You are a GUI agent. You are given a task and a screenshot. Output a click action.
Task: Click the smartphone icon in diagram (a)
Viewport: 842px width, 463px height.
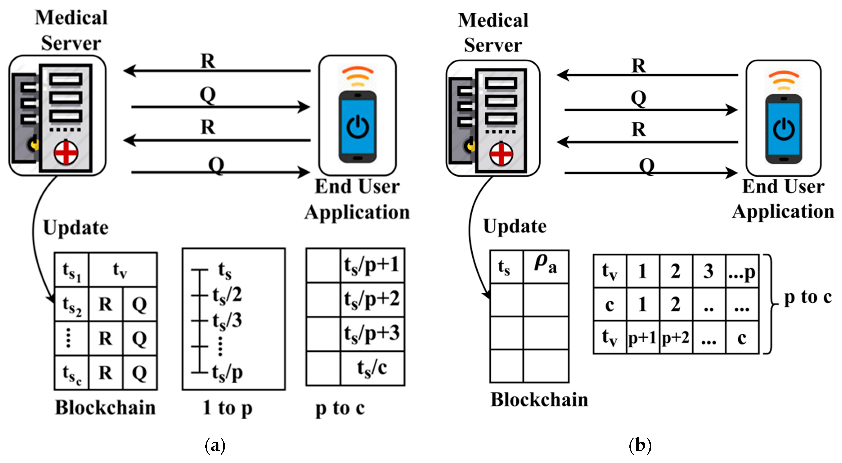point(358,127)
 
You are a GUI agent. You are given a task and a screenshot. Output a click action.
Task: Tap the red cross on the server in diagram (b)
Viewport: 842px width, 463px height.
point(501,154)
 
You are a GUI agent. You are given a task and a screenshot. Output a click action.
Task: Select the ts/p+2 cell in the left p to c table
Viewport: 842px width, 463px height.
point(372,299)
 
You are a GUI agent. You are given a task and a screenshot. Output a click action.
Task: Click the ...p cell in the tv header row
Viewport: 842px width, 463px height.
point(742,271)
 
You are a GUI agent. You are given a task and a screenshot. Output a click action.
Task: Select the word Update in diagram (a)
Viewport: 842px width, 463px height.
point(76,228)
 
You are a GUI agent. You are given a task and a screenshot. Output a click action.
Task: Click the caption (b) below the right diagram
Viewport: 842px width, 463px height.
point(640,445)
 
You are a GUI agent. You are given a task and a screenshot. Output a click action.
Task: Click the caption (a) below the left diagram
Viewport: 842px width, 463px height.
point(215,445)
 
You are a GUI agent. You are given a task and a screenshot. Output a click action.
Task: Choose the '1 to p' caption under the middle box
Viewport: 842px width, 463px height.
point(227,408)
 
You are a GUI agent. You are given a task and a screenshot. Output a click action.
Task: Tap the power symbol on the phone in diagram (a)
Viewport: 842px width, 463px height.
point(358,127)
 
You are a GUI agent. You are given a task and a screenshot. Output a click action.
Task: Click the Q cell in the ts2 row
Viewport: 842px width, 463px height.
point(139,304)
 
